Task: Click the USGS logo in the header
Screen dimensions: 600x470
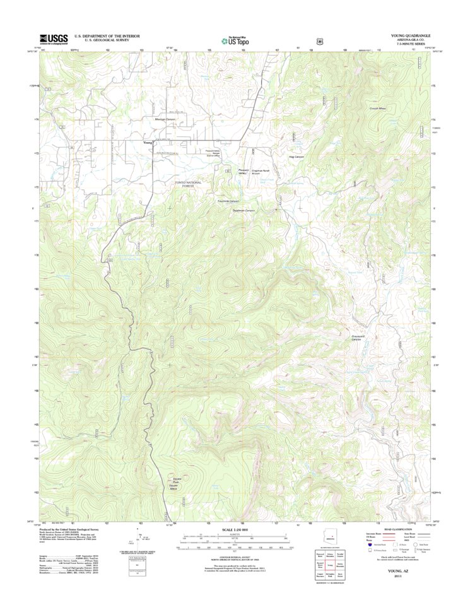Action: point(54,39)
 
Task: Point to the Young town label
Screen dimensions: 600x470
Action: point(148,143)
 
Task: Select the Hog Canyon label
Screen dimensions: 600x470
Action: point(296,156)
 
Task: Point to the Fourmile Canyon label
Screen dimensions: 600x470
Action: point(228,201)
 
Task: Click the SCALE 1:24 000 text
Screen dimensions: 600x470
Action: point(235,529)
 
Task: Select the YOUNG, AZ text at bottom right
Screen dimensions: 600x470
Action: point(397,569)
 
